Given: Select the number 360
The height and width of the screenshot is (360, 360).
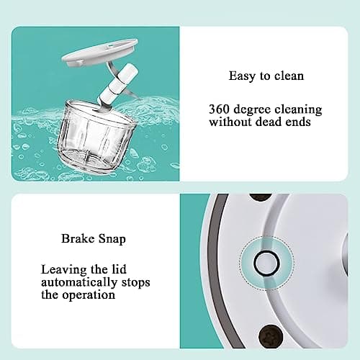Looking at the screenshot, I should [220, 109].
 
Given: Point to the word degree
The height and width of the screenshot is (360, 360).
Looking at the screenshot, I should [256, 109].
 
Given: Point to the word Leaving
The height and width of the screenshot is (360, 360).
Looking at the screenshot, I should [62, 269].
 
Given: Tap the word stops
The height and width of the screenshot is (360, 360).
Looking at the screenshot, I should [136, 282].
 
